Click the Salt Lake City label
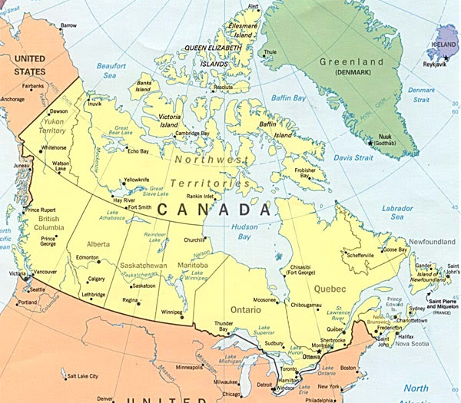pyautogui.click(x=82, y=376)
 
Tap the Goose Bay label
pyautogui.click(x=395, y=249)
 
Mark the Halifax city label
pyautogui.click(x=406, y=336)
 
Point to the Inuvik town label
pyautogui.click(x=95, y=104)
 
